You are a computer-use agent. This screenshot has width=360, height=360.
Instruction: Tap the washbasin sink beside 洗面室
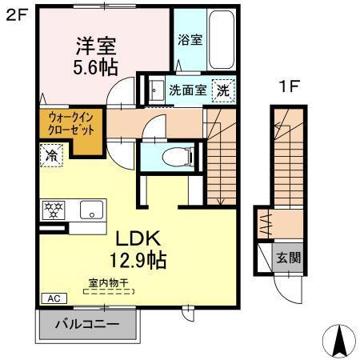coord(154,90)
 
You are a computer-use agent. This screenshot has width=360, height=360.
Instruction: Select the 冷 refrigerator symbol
coord(52,154)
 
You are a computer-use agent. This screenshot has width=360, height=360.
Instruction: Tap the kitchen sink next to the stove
coord(90,211)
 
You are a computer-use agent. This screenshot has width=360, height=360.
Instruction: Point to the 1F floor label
coord(289,86)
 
